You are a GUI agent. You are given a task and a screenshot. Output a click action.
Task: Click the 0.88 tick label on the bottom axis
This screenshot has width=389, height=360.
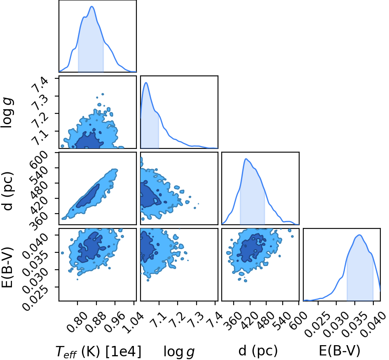pos(96,322)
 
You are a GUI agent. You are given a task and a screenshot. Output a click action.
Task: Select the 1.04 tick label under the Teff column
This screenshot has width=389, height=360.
pos(133,322)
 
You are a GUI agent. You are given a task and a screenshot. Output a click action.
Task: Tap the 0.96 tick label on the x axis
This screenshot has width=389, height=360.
pos(115,322)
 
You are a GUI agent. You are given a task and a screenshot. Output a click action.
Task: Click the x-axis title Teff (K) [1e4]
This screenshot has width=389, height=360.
pos(98,352)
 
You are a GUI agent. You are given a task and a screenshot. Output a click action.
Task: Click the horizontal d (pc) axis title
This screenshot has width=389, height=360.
pos(258,351)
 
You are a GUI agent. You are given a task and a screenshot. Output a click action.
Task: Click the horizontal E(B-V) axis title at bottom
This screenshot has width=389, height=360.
pos(340,351)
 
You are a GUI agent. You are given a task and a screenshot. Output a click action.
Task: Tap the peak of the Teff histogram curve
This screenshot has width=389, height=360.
pos(92,6)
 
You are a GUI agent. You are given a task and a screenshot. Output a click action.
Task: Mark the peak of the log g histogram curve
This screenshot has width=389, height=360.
pos(146,82)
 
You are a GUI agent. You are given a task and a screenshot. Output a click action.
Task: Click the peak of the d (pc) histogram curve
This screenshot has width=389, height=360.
pos(246,159)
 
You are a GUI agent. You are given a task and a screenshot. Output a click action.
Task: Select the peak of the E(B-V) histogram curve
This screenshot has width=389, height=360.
pos(359,235)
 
